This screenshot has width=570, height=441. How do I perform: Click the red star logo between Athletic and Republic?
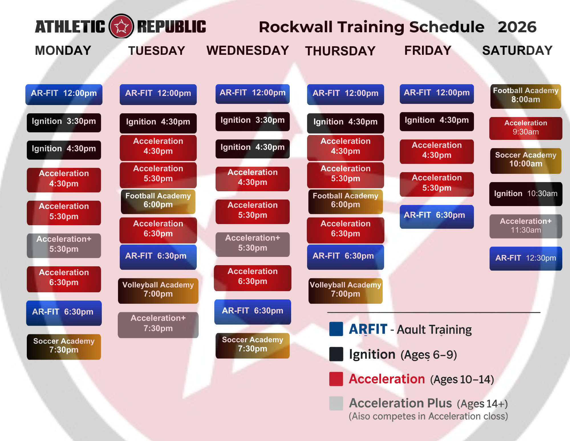point(121,26)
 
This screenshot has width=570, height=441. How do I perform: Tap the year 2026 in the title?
point(517,27)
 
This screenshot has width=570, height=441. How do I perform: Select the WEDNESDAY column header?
point(248,51)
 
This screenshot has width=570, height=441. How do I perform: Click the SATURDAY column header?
point(517,51)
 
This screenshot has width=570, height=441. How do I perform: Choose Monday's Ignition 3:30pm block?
point(64,122)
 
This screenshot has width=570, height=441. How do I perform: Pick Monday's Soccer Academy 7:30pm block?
point(64,347)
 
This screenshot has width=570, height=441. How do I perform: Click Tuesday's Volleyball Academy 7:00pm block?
point(158,291)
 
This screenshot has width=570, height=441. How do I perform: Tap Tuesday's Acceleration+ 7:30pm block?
point(158,325)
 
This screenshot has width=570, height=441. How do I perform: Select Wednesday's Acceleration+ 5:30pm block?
point(253,244)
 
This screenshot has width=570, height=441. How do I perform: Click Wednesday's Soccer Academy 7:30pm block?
point(253,345)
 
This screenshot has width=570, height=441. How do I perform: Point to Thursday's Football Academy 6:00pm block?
point(346,202)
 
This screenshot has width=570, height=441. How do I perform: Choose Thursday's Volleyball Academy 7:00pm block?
point(346,291)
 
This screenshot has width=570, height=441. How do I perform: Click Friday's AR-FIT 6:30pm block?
point(437,216)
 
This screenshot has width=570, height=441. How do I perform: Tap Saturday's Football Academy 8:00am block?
point(526,96)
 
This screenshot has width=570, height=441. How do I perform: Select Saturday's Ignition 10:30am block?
point(526,194)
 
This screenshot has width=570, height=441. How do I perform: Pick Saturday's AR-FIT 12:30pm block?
point(526,258)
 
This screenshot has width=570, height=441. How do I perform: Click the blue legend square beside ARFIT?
point(336,329)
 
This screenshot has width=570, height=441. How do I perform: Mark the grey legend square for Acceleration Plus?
point(336,403)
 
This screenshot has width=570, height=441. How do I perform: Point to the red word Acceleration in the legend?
point(387,379)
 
